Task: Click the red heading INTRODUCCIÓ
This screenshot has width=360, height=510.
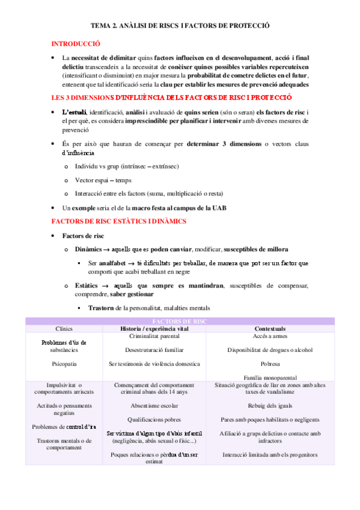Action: click(x=76, y=45)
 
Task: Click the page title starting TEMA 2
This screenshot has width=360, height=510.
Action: click(x=180, y=27)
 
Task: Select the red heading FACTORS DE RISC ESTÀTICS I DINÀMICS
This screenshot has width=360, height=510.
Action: click(x=119, y=221)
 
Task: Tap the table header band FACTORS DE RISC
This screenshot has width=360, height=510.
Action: click(x=180, y=322)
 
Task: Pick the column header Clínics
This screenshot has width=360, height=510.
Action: click(x=64, y=329)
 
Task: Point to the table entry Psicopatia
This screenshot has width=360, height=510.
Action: click(x=64, y=363)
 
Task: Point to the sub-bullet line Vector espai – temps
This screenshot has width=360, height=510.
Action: click(x=103, y=180)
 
